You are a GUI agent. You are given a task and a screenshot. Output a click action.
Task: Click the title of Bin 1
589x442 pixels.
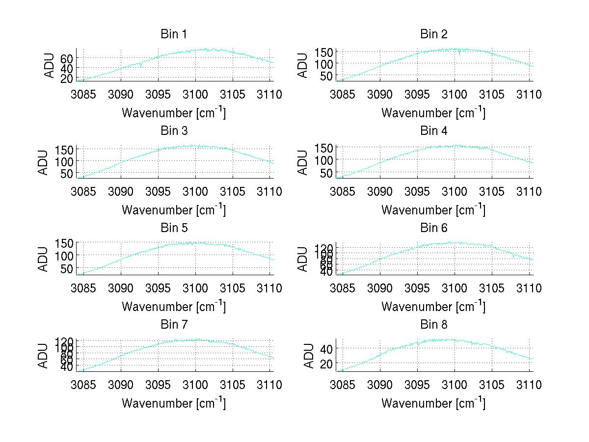tap(174, 34)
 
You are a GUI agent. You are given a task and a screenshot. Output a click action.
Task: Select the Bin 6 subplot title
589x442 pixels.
tap(434, 228)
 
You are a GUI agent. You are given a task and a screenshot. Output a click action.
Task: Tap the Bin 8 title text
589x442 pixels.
tap(434, 324)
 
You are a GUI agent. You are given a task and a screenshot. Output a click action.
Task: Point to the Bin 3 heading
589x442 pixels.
tap(174, 131)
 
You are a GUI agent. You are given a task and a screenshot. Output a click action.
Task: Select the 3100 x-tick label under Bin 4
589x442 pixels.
tap(455, 191)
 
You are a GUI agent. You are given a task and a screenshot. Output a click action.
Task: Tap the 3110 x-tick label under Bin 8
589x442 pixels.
tap(529, 385)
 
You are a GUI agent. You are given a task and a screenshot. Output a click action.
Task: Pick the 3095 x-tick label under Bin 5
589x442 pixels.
tap(158, 287)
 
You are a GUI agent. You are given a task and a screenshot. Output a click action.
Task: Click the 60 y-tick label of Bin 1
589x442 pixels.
tap(67, 58)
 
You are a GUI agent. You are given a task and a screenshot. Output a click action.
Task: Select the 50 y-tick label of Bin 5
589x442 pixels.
tap(68, 268)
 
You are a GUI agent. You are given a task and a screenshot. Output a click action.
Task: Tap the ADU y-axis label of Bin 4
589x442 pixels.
tap(303, 162)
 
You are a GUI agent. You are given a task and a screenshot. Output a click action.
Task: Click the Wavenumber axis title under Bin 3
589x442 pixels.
tap(174, 209)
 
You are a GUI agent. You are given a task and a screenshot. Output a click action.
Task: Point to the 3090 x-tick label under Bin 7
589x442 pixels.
tap(121, 385)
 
